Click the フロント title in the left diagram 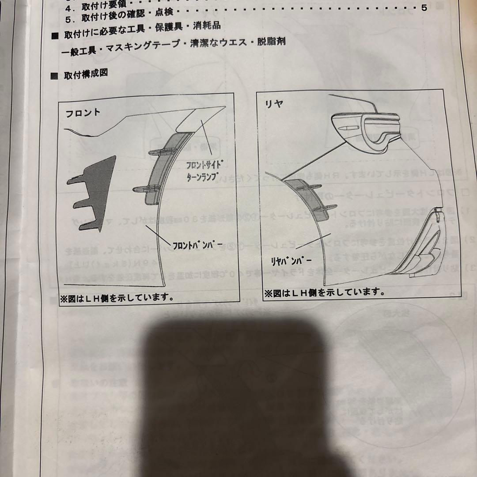(x=83, y=113)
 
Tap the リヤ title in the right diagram (x=274, y=104)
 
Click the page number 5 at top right (x=424, y=8)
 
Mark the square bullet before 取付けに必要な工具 (x=55, y=36)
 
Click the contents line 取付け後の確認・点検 (x=120, y=19)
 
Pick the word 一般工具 (x=78, y=50)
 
